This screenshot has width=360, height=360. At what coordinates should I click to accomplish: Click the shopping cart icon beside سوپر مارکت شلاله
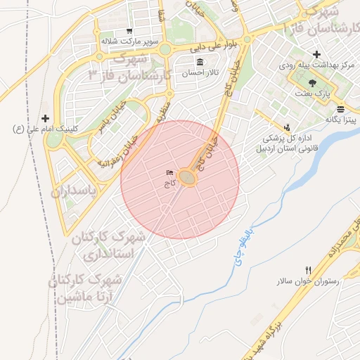129,31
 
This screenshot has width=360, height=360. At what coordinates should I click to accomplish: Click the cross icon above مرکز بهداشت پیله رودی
316,54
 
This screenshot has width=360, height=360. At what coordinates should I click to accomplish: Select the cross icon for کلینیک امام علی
46,118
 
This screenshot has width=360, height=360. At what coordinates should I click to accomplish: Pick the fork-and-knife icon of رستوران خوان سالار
308,271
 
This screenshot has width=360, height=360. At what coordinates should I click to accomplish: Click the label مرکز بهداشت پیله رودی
316,65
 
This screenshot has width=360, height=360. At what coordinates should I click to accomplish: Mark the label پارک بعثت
321,93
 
